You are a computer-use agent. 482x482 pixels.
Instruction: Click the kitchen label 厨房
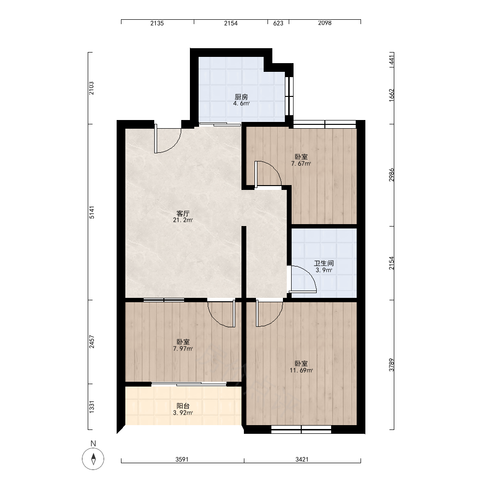(x=241, y=97)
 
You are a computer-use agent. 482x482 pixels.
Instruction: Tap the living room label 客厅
(x=183, y=214)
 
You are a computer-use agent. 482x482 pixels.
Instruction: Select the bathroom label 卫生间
(x=324, y=264)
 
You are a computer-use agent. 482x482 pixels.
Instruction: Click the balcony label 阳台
(x=183, y=406)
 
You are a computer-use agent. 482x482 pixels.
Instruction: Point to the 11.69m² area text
(x=301, y=370)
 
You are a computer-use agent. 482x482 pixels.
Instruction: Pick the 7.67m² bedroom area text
(x=301, y=163)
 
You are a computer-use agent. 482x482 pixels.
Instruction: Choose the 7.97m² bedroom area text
(x=183, y=348)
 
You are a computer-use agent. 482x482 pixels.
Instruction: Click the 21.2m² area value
(x=183, y=220)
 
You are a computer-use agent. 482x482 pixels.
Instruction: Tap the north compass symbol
(x=93, y=459)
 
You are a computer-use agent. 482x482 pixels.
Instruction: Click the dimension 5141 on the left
(x=92, y=213)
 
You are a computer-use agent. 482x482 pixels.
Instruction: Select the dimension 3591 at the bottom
(x=182, y=459)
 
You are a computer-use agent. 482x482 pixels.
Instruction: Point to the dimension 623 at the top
(x=278, y=23)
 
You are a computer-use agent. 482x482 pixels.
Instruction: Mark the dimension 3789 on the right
(x=391, y=365)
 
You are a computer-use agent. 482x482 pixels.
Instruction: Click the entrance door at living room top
(x=168, y=140)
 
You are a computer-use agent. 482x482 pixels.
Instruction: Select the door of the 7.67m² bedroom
(x=268, y=174)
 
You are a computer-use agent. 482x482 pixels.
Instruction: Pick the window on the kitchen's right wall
(x=289, y=96)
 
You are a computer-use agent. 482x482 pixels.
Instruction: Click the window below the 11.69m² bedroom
(x=301, y=429)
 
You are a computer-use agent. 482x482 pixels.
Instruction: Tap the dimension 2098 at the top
(x=324, y=23)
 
